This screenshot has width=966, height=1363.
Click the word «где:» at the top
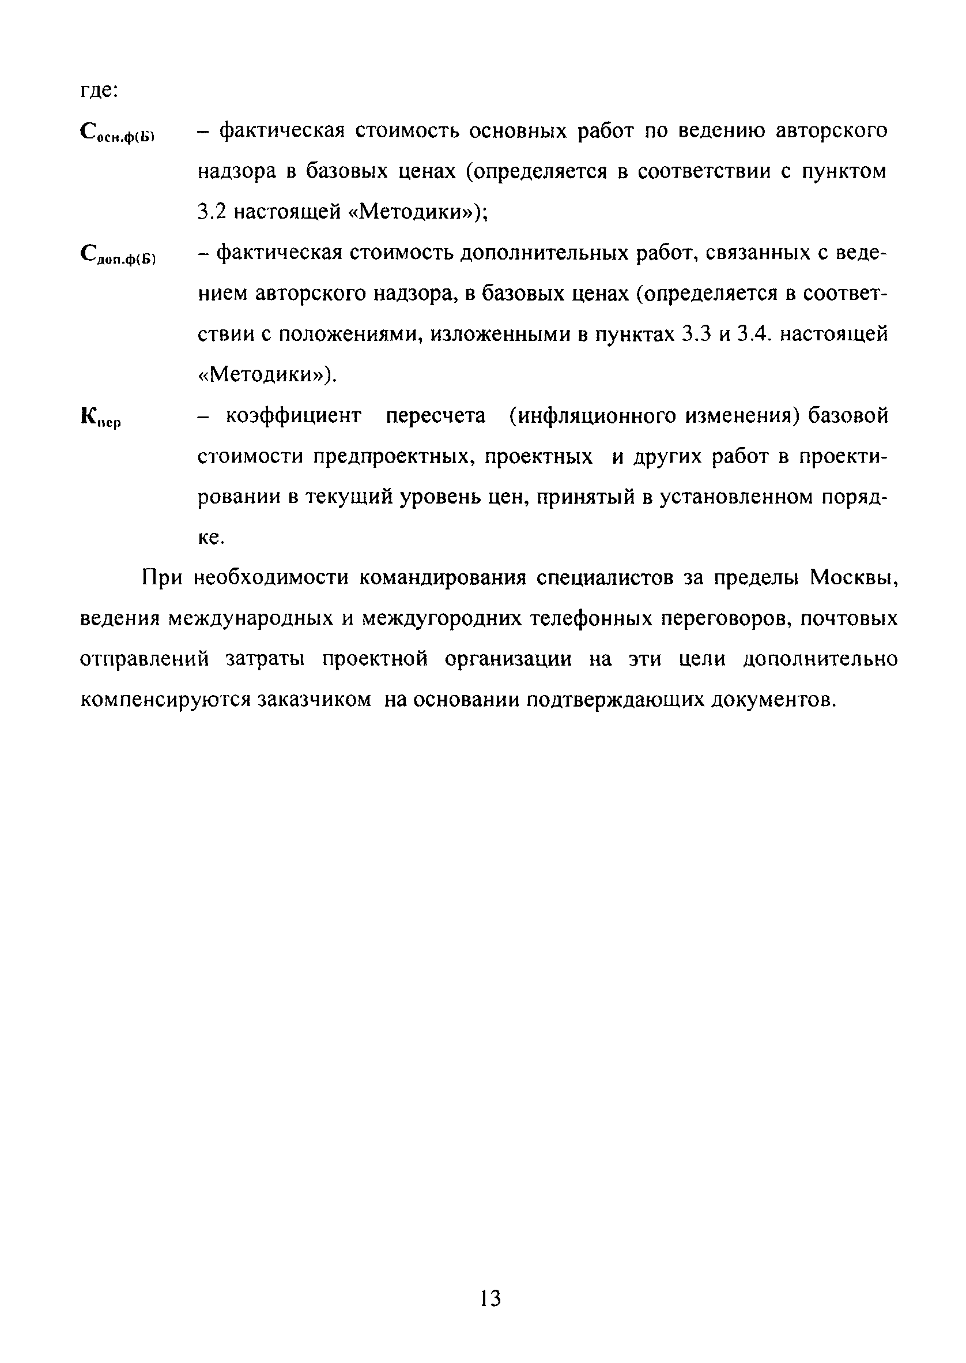pos(100,91)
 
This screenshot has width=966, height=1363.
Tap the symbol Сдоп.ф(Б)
pos(117,257)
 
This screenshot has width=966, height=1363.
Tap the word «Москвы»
pos(853,577)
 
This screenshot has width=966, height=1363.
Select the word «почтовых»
pos(849,619)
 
